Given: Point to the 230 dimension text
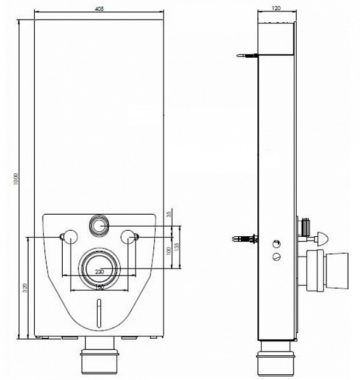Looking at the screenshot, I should point(100,272).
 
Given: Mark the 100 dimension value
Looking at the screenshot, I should point(168,251).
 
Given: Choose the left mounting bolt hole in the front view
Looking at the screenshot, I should point(68,237).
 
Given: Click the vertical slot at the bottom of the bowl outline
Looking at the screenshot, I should point(100,314).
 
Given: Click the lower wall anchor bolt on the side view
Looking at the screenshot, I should point(246,239).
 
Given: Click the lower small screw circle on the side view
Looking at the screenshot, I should point(276,256).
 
